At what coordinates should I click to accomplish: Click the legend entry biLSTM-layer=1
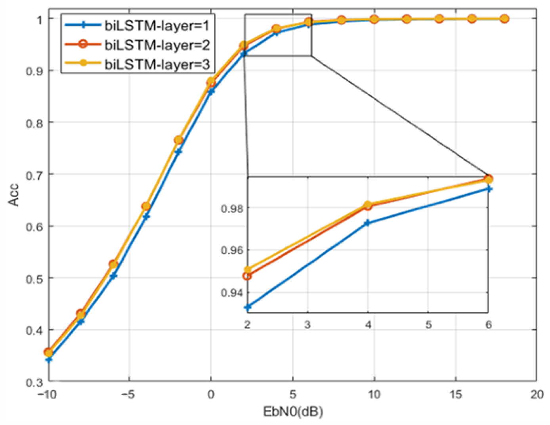(x=157, y=26)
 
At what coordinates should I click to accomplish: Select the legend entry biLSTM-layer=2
(x=157, y=45)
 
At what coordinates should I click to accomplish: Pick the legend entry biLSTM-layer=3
(x=157, y=64)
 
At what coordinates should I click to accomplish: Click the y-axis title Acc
(x=14, y=194)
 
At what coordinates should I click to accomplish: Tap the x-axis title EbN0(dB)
(x=293, y=412)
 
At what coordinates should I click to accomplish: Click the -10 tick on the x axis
(x=47, y=394)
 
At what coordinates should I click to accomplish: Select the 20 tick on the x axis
(x=537, y=394)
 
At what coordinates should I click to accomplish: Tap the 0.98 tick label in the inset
(x=231, y=208)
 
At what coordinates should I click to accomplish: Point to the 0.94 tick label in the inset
(x=231, y=293)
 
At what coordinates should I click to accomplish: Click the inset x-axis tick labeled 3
(x=307, y=325)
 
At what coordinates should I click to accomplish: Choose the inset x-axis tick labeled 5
(x=428, y=325)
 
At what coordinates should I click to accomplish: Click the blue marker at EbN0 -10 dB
(x=49, y=360)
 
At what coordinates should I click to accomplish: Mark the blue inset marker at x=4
(x=368, y=223)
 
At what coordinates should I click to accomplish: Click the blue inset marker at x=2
(x=248, y=307)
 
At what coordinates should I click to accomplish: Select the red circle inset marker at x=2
(x=247, y=276)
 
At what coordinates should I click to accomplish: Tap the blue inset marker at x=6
(x=489, y=189)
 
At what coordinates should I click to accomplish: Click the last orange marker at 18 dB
(x=504, y=19)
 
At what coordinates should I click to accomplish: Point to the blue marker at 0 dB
(x=211, y=92)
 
